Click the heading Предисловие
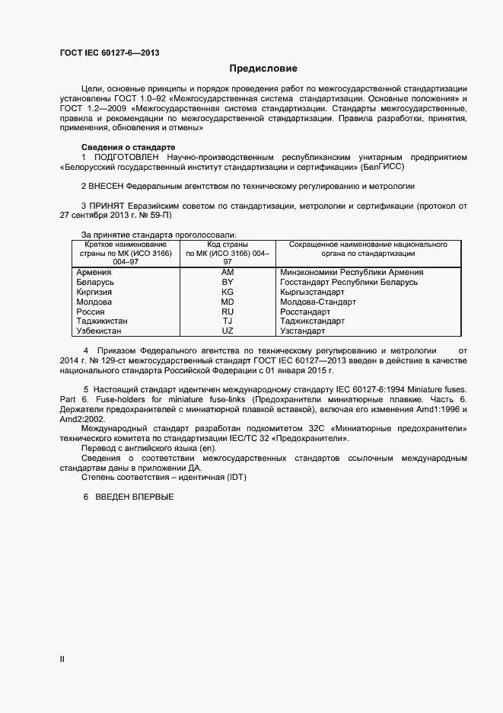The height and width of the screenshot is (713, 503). [263, 68]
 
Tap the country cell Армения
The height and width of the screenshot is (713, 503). [95, 272]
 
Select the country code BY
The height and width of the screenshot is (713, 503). [228, 282]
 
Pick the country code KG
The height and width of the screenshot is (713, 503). [228, 292]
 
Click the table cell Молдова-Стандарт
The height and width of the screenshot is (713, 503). [318, 302]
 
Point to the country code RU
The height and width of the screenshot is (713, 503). [228, 312]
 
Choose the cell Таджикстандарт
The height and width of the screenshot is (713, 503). [312, 321]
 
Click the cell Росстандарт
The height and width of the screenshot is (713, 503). [305, 312]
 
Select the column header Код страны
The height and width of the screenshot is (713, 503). [228, 245]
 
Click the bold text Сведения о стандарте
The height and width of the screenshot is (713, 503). [128, 146]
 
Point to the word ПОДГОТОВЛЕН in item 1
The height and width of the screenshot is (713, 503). [126, 156]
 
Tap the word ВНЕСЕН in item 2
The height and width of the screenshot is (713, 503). [107, 186]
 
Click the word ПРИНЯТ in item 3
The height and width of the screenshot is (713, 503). [107, 206]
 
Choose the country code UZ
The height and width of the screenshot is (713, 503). [228, 331]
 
